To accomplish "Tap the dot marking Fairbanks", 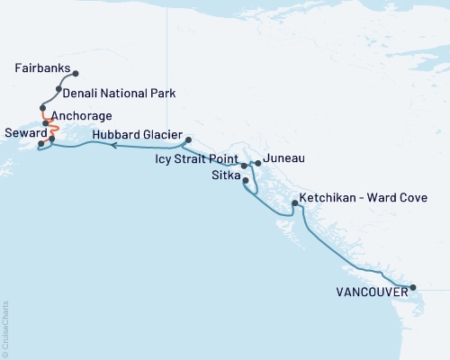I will [75, 74].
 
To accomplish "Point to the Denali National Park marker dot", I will [58, 89].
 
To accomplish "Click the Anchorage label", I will [81, 116].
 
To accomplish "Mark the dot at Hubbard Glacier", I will [187, 140].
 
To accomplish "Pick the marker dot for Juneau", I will [258, 163].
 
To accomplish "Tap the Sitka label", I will [225, 175].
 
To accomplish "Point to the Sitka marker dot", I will [247, 181].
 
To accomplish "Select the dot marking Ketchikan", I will [294, 204].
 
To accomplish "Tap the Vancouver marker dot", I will [413, 288].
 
